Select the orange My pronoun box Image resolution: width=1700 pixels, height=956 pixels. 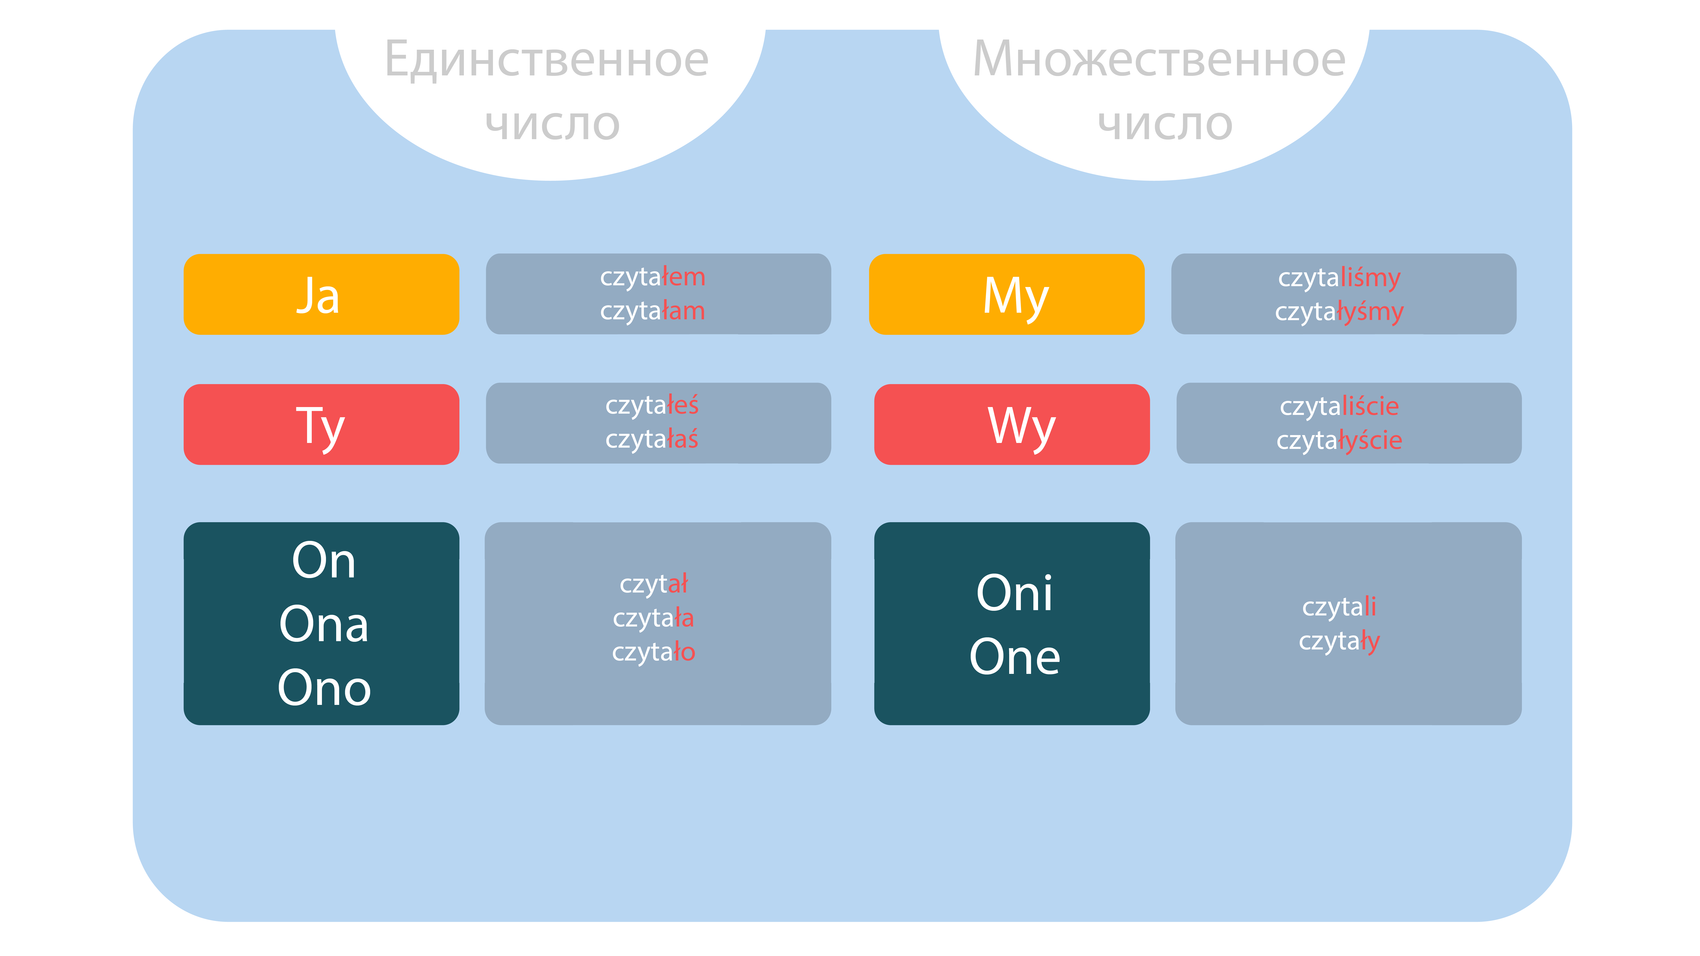tap(1006, 294)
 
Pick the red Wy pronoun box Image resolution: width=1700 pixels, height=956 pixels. tap(1012, 424)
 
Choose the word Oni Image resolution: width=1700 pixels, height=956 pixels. tap(1014, 593)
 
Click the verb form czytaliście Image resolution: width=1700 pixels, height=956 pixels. tap(1339, 406)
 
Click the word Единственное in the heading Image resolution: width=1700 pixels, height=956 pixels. tap(547, 59)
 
